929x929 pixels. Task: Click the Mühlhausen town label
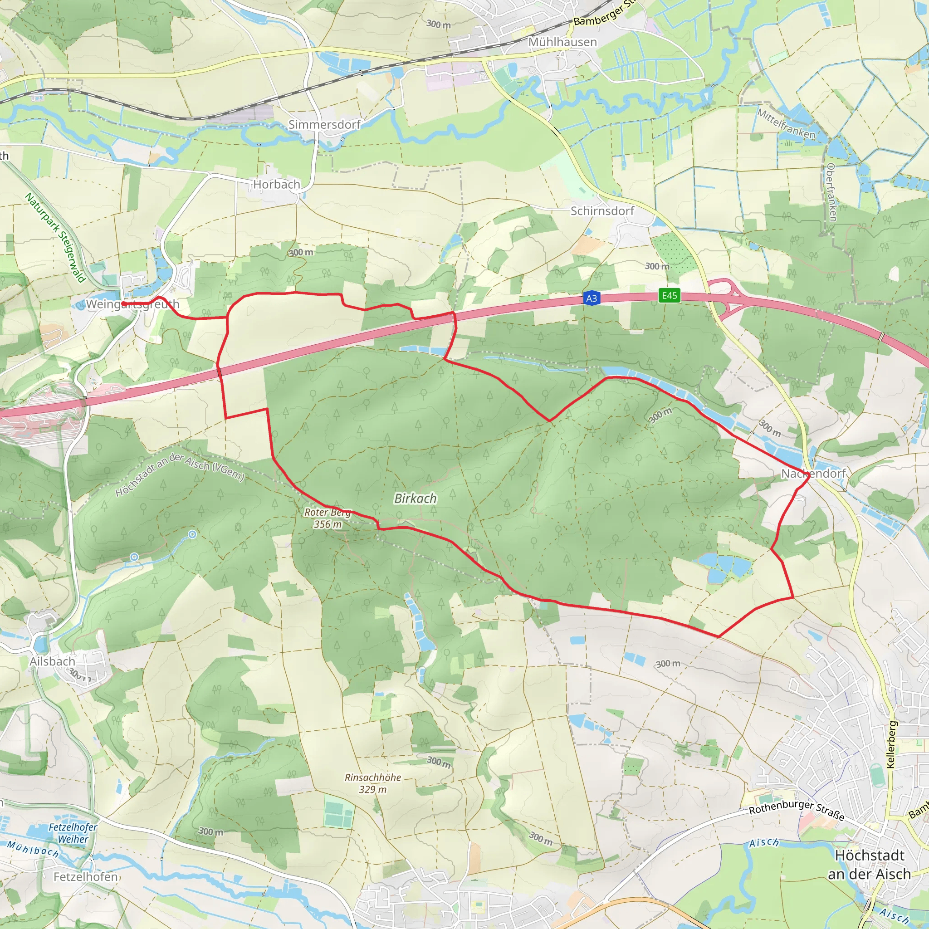(562, 42)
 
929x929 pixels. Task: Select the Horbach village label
(277, 184)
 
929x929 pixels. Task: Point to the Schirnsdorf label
(602, 210)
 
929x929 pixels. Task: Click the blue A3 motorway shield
(592, 298)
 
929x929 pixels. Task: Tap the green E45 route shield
(670, 295)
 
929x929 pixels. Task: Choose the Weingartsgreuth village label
(132, 304)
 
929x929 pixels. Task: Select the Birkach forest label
(416, 499)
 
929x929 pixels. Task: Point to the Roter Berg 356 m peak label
(328, 518)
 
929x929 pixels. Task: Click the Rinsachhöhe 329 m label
(373, 783)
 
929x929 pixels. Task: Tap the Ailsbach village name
(53, 661)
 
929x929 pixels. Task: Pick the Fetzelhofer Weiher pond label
(73, 833)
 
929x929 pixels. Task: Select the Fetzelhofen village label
(86, 876)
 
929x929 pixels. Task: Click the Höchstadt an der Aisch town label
(870, 865)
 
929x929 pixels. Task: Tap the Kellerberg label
(891, 744)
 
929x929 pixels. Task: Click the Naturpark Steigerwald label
(55, 237)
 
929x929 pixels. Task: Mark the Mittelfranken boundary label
(786, 123)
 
